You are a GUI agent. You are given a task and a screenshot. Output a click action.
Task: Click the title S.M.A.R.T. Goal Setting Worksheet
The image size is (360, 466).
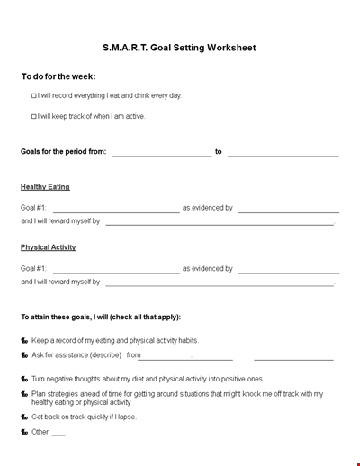179,48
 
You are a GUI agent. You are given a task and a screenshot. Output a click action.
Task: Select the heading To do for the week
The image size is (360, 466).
58,76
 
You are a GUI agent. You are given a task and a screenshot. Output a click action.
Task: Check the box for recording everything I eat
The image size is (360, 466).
34,95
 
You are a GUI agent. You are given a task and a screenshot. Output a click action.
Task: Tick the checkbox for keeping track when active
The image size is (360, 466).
34,116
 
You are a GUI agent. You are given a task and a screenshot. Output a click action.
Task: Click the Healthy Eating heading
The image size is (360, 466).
45,187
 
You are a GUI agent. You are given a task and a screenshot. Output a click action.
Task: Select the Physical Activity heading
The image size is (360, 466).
49,247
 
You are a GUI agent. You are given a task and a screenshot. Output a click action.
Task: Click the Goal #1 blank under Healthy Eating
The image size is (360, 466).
116,211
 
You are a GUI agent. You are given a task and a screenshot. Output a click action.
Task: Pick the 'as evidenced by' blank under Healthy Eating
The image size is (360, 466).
288,211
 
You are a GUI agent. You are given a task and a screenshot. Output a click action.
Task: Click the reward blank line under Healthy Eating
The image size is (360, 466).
220,224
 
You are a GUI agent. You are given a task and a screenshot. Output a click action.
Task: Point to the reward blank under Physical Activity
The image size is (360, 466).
220,284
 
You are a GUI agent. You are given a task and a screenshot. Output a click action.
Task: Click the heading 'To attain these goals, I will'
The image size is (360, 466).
101,317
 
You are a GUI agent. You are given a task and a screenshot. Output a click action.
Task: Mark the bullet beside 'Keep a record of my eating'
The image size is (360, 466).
24,341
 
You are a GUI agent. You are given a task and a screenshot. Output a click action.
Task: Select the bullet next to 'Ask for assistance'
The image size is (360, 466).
24,355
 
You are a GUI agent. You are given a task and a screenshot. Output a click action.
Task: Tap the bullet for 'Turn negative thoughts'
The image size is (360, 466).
24,380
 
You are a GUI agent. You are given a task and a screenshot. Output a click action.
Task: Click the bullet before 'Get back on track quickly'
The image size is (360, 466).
24,417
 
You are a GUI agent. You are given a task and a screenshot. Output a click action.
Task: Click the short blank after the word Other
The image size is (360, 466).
58,435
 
